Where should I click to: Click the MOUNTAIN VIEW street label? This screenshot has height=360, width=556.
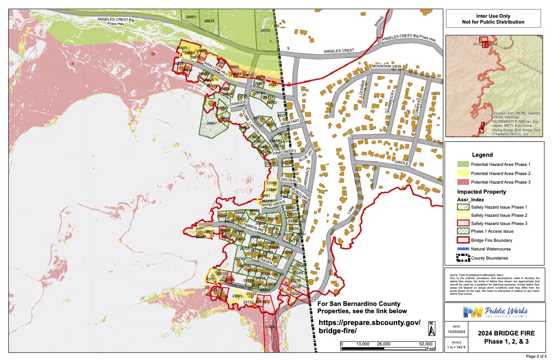point(387,66)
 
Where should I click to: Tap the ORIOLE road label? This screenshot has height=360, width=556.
point(402,163)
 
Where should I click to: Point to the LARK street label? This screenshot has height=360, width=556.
point(350,210)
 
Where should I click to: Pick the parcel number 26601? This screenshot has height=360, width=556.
point(191,17)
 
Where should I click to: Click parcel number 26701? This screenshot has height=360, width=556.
point(266,30)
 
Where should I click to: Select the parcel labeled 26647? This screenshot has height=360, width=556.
point(212,123)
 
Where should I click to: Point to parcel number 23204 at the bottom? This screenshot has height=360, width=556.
point(270,327)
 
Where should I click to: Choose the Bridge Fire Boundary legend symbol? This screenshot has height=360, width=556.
point(462,240)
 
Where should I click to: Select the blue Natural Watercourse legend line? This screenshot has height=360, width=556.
point(462,249)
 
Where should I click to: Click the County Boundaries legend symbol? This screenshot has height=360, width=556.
point(462,258)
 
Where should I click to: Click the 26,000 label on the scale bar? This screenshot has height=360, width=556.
point(384,344)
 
